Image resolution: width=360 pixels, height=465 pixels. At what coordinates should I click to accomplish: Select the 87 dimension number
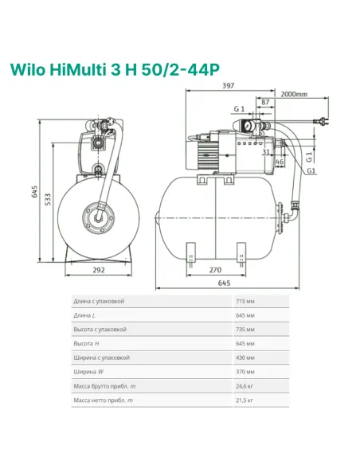coord(264,103)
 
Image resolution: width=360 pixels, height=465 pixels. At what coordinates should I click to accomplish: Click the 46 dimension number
coord(280,162)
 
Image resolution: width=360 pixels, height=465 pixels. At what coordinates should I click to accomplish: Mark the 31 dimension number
coord(265,153)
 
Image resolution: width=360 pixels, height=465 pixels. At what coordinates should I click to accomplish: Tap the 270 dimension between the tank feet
coord(215,270)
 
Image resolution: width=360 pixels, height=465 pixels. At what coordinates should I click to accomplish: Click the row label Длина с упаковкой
coord(99,302)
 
